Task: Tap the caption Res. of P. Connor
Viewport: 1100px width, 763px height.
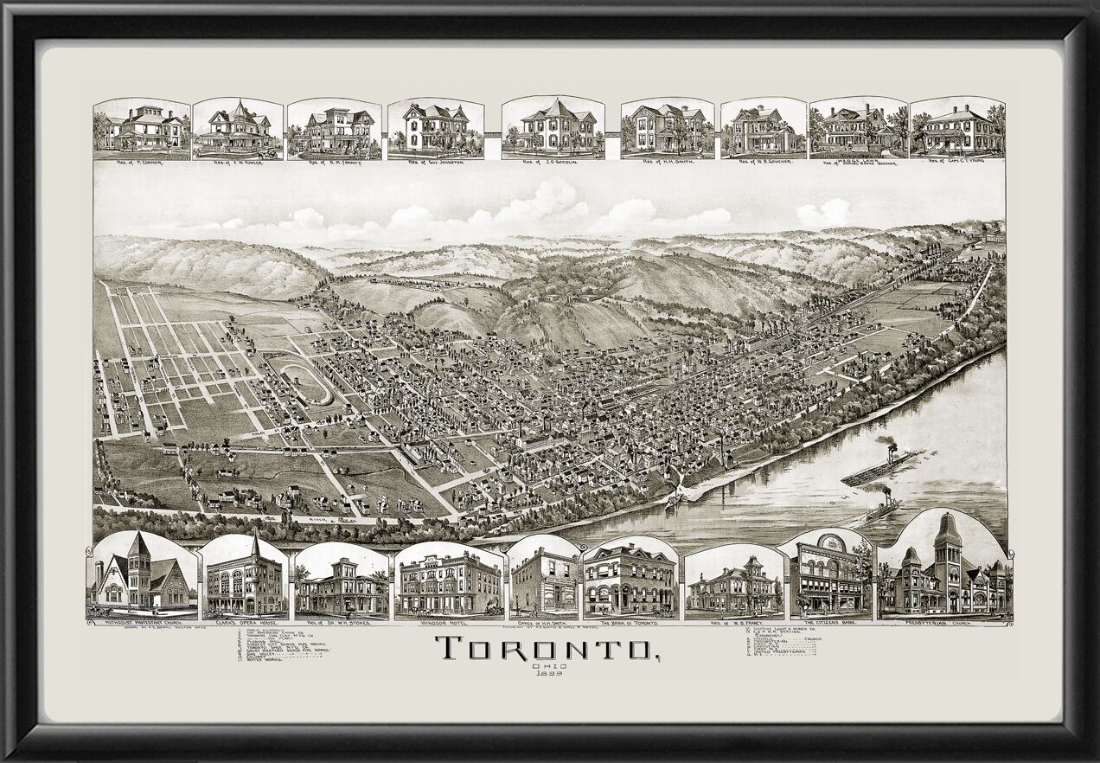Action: pos(141,161)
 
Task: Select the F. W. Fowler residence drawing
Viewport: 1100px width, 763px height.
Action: pos(237,130)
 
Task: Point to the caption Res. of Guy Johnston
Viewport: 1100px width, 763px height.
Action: pos(435,162)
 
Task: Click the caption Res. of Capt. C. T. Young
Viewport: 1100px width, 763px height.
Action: pos(956,162)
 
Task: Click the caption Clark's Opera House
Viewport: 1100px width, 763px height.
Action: pos(245,623)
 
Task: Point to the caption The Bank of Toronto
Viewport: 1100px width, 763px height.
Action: pos(630,622)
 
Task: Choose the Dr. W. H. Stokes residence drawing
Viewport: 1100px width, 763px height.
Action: pos(341,588)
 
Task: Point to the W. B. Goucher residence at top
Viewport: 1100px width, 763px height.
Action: pos(761,130)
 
